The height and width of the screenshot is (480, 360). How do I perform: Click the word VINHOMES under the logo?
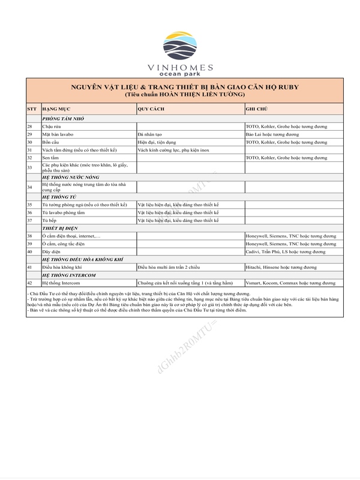point(180,68)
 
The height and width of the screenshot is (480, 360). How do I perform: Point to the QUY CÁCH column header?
point(151,109)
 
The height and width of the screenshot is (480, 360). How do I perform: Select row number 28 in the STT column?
point(30,127)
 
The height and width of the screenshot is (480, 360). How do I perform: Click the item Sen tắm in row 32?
point(52,158)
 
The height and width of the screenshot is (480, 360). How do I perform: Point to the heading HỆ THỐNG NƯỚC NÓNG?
point(70,178)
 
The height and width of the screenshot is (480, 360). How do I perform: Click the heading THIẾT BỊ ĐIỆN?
point(60,229)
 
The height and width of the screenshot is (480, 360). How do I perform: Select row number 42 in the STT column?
point(30,283)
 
